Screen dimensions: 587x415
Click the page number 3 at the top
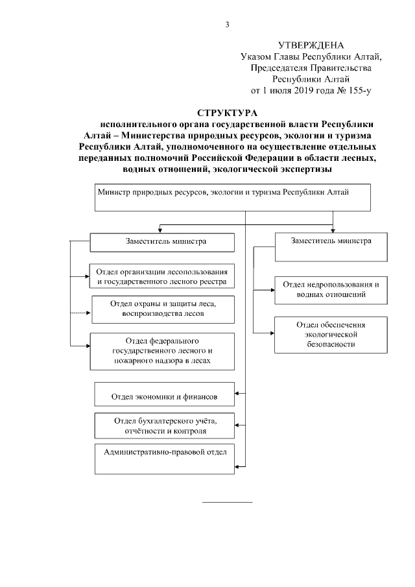click(227, 25)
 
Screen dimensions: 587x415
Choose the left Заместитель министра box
click(161, 242)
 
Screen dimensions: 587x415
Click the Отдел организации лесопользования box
click(161, 276)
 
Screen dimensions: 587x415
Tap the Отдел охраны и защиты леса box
click(162, 309)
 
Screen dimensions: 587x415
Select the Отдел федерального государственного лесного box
click(161, 351)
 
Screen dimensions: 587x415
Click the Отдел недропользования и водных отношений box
click(331, 289)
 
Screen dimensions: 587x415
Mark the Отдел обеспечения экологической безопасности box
click(331, 335)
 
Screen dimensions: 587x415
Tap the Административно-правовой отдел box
click(165, 455)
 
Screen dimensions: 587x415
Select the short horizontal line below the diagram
click(228, 501)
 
